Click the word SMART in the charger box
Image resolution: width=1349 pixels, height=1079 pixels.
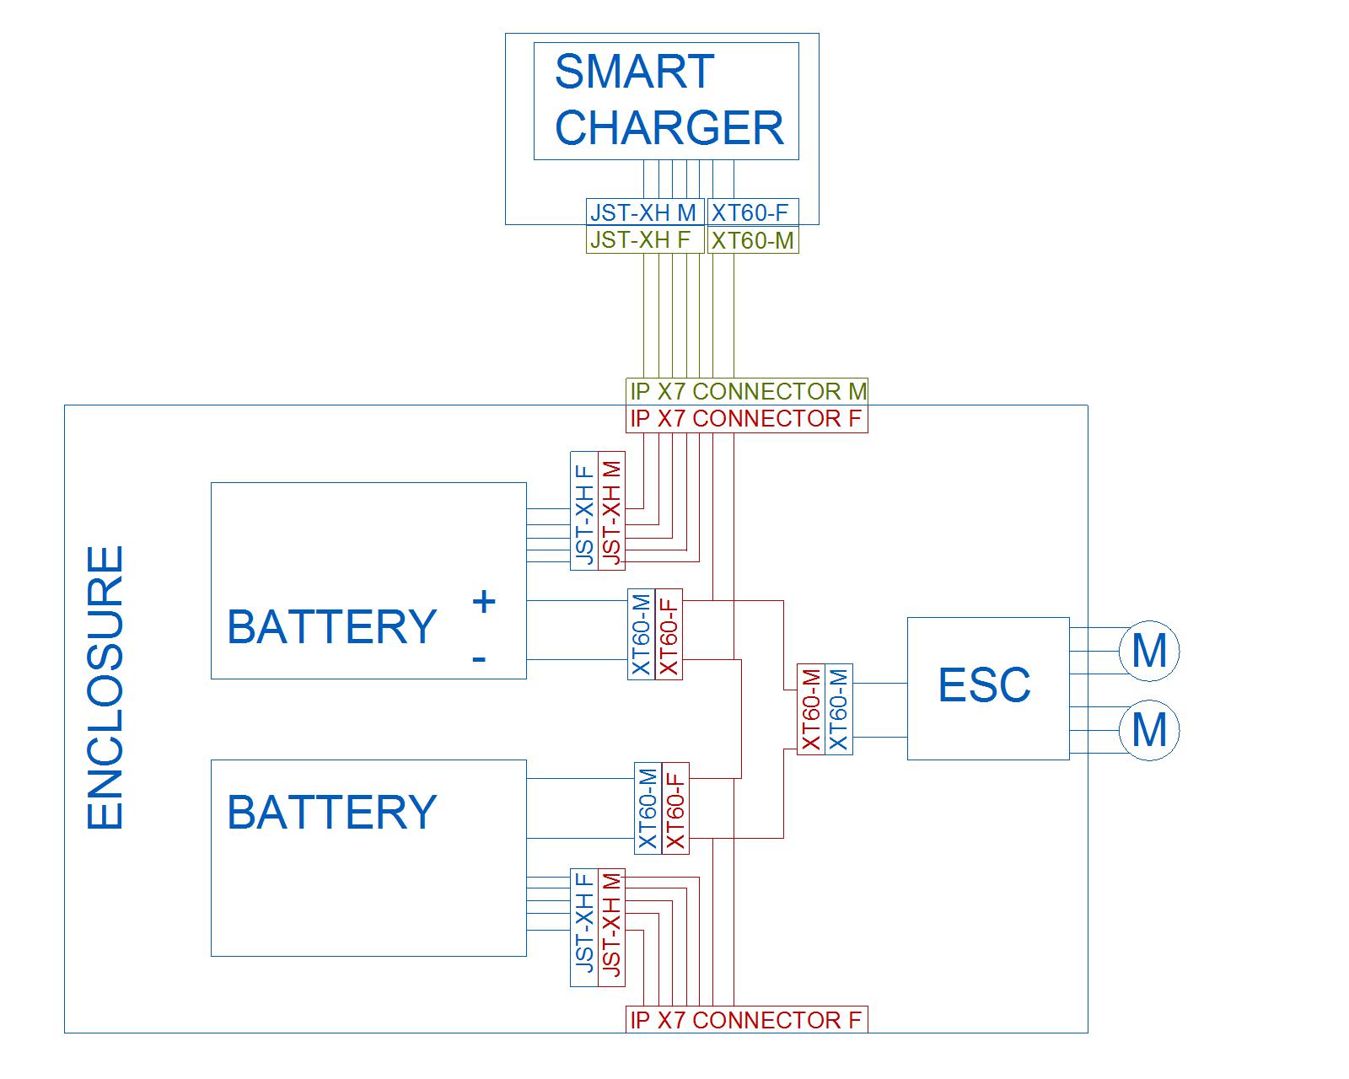(x=634, y=72)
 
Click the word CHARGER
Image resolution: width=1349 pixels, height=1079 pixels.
(x=669, y=127)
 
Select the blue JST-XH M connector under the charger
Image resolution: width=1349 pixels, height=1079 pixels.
(x=644, y=212)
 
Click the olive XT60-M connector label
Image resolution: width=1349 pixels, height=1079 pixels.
(x=752, y=241)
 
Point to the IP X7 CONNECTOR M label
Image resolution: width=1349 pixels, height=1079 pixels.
(x=747, y=391)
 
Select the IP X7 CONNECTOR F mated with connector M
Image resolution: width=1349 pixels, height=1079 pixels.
(x=747, y=419)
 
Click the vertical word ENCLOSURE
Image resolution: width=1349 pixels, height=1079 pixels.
(x=106, y=688)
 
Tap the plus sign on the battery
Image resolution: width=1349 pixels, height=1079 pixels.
(x=483, y=602)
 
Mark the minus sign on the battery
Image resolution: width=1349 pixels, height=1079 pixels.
(x=479, y=658)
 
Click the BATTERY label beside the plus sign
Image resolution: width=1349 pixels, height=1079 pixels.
(x=331, y=627)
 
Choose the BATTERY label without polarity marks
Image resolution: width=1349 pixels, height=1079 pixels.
(x=331, y=812)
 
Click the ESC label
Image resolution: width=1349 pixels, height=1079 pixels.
(x=984, y=684)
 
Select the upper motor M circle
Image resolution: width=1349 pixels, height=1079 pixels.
(x=1148, y=651)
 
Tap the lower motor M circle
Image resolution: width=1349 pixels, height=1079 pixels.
(x=1148, y=730)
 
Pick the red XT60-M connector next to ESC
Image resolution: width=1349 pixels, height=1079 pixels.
(x=811, y=709)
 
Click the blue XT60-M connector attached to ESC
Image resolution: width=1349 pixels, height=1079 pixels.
(x=839, y=709)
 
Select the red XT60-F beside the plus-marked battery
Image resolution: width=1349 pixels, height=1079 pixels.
(x=669, y=634)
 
